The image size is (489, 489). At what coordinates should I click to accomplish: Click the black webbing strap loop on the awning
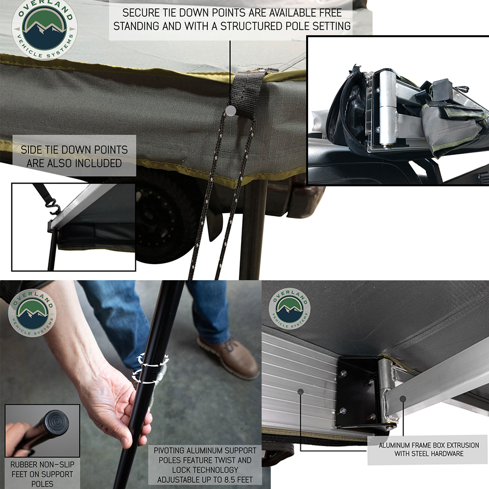click(x=246, y=93)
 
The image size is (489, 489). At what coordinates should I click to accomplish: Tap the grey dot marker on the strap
click(x=230, y=111)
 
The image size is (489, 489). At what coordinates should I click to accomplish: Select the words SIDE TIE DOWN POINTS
click(x=74, y=150)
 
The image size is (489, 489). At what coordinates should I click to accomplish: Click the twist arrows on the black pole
click(x=150, y=368)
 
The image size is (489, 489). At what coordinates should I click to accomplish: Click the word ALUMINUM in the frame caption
click(x=395, y=445)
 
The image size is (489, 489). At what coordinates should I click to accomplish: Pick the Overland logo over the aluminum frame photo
click(x=289, y=309)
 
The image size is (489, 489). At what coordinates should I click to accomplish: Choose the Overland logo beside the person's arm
click(x=32, y=313)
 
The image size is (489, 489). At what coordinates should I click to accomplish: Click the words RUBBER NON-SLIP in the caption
click(x=43, y=465)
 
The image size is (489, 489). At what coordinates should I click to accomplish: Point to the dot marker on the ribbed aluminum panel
click(x=300, y=391)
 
